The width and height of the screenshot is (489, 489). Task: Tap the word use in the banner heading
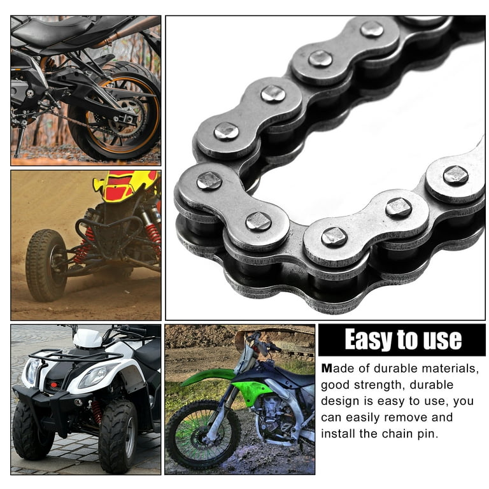[441, 340]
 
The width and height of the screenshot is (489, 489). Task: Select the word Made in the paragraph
[336, 368]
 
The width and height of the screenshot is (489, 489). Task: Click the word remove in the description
[422, 418]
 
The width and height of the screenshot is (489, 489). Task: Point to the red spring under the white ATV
[97, 412]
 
